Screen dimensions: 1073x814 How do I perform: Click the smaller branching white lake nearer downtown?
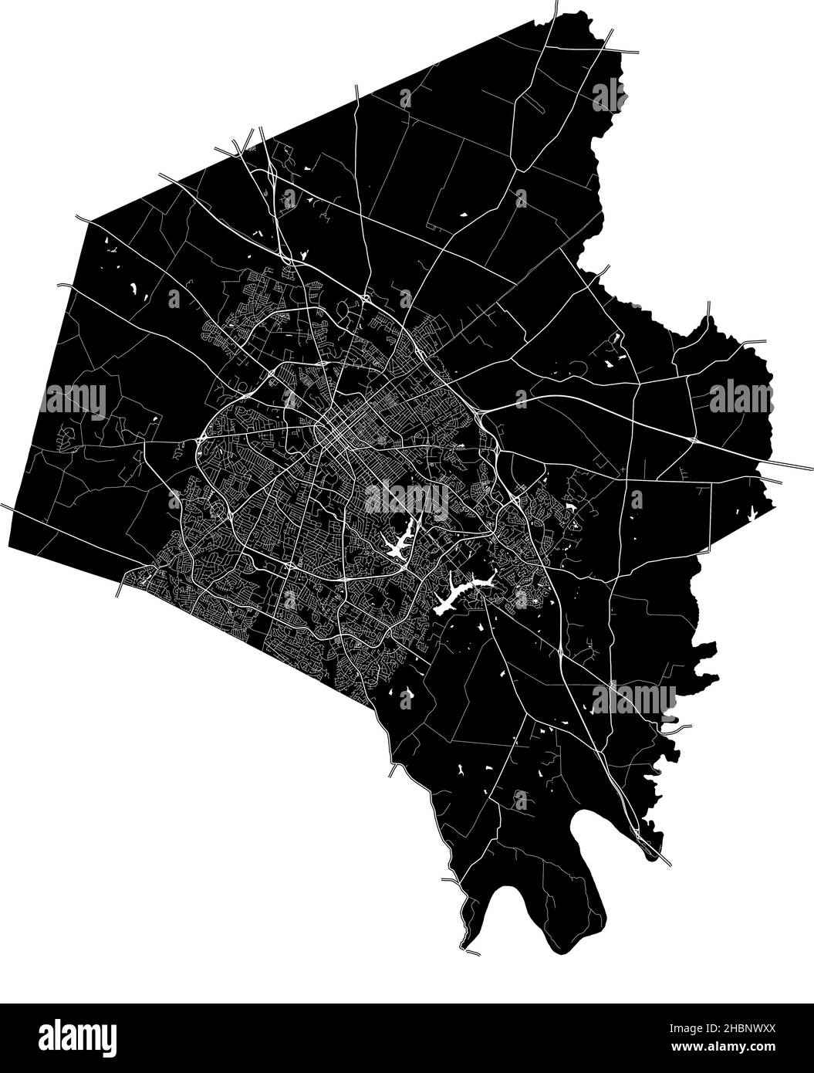pos(397,543)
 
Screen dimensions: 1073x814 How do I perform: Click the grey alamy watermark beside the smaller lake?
pos(406,500)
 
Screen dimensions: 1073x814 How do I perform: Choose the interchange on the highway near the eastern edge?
pos(692,438)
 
